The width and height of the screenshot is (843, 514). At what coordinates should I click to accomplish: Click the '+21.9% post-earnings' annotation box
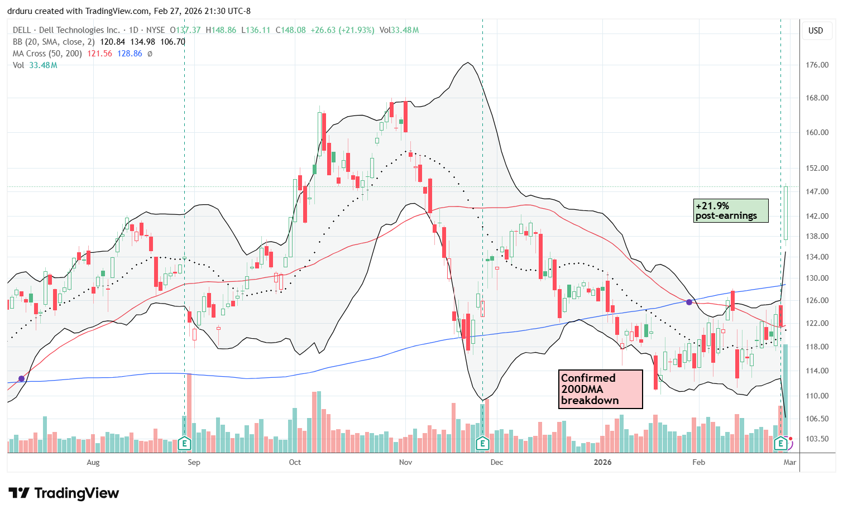731,211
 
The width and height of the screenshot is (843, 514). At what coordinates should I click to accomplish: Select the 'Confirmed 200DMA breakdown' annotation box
600,389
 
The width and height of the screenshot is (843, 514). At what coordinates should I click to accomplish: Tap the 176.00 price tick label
817,65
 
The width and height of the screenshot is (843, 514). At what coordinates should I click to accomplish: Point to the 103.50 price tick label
817,439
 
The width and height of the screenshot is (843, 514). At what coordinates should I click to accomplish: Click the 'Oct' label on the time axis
295,462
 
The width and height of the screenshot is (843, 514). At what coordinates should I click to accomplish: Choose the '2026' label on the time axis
602,462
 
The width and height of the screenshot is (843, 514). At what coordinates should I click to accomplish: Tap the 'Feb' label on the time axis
698,462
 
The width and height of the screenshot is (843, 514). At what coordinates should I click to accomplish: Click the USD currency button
816,31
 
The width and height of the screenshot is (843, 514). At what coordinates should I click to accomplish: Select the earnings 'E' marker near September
184,444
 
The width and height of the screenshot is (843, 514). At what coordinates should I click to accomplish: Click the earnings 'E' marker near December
482,444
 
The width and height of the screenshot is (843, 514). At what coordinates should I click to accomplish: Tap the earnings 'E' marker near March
781,444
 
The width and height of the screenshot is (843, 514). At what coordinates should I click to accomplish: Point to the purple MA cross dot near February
689,302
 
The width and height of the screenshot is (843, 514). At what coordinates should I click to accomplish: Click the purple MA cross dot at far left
21,379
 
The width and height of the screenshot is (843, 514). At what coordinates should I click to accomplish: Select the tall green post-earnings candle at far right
785,215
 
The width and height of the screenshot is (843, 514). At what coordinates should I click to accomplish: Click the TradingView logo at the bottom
64,493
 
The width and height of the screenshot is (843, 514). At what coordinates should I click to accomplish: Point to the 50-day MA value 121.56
100,54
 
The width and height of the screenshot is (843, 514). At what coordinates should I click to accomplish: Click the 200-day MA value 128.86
130,54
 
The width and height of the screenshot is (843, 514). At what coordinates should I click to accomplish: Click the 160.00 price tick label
817,133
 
